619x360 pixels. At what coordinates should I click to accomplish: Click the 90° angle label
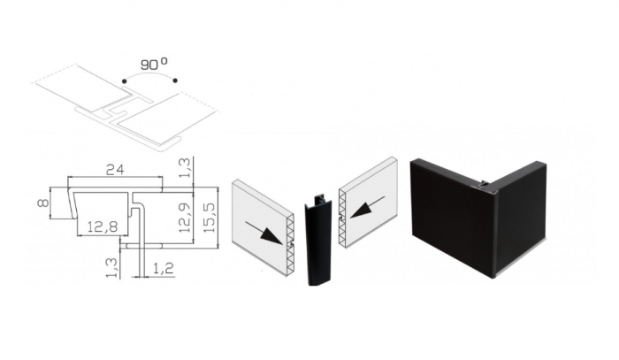pyautogui.click(x=154, y=64)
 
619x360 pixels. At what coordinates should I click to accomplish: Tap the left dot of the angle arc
pyautogui.click(x=125, y=80)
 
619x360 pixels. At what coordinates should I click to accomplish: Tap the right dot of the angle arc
pyautogui.click(x=175, y=80)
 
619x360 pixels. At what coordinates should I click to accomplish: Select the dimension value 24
pyautogui.click(x=115, y=170)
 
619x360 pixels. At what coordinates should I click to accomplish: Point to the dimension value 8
pyautogui.click(x=43, y=203)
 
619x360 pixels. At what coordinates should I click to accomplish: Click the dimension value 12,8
pyautogui.click(x=103, y=226)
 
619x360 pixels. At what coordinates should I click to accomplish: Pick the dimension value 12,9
pyautogui.click(x=185, y=217)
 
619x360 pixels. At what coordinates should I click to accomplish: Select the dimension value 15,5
pyautogui.click(x=210, y=217)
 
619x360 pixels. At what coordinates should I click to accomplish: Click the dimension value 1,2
pyautogui.click(x=163, y=268)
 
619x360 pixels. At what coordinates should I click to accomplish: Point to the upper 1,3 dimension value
pyautogui.click(x=186, y=167)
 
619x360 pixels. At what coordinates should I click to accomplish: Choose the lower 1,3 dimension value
pyautogui.click(x=112, y=268)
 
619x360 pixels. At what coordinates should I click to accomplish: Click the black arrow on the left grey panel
pyautogui.click(x=264, y=233)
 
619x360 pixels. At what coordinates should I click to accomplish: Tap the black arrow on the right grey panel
pyautogui.click(x=367, y=207)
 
